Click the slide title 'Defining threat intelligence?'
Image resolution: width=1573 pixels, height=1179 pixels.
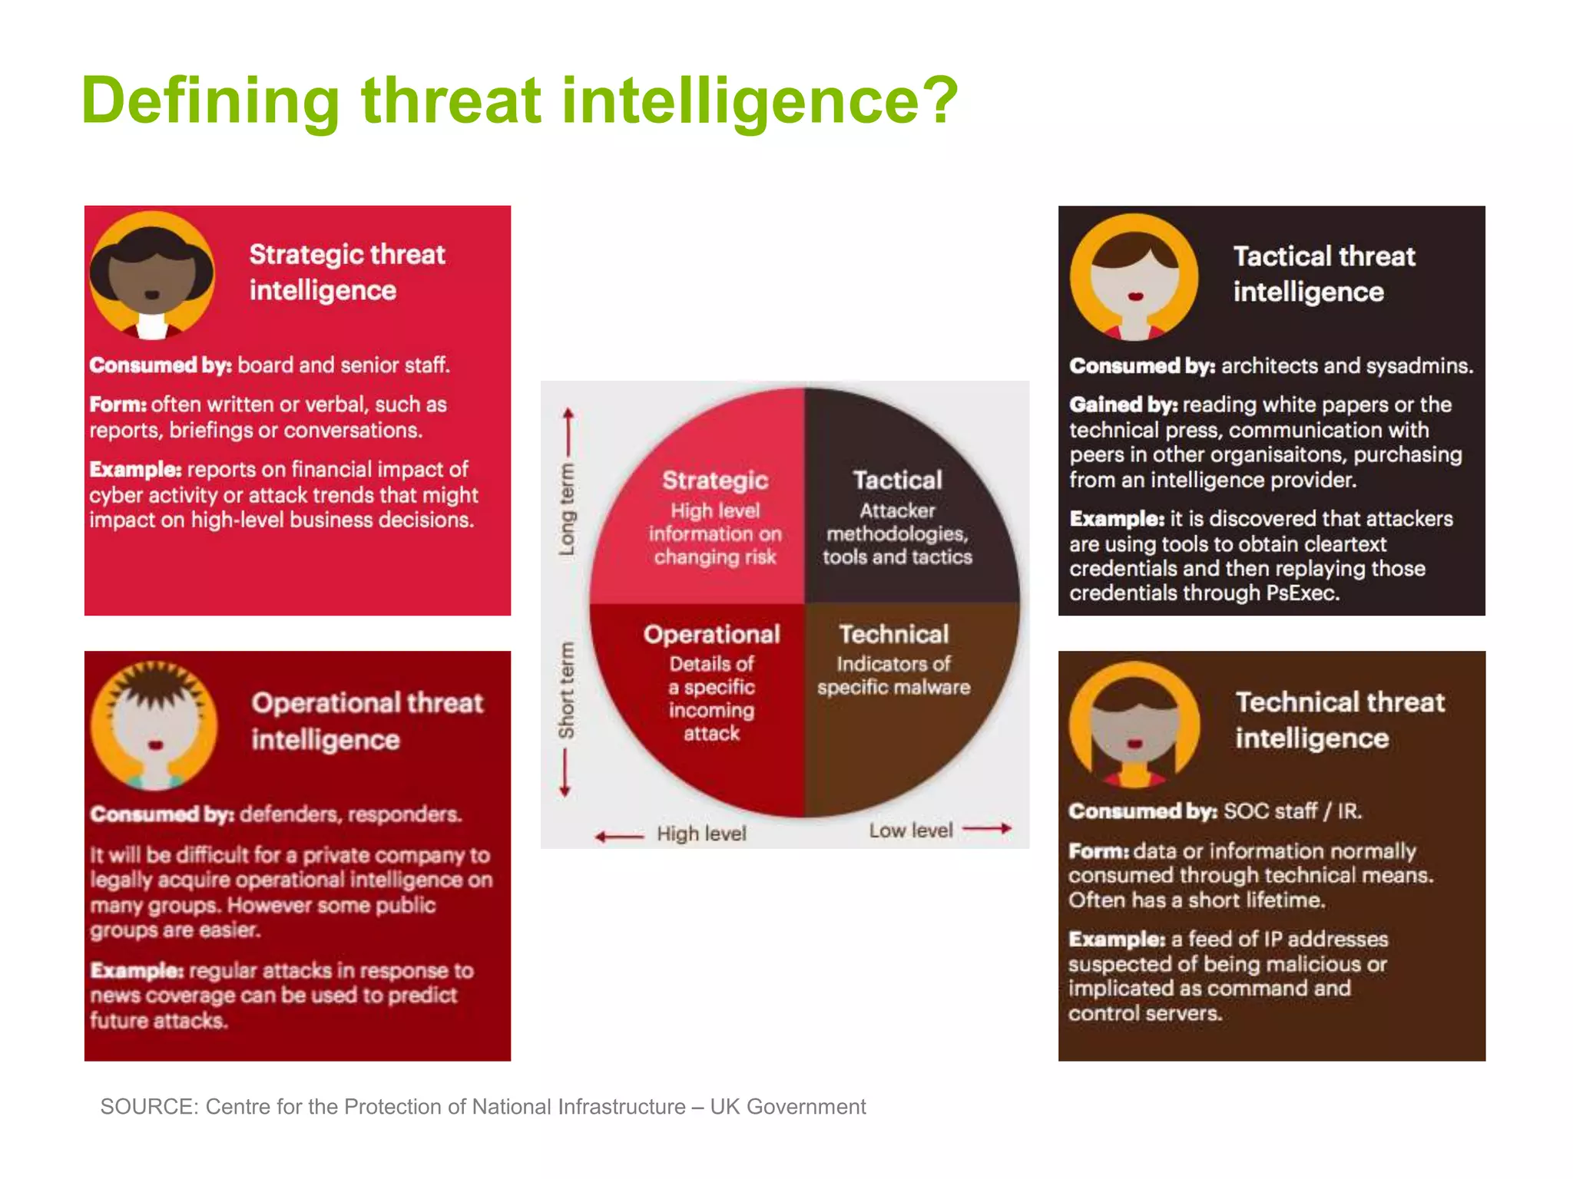pyautogui.click(x=519, y=101)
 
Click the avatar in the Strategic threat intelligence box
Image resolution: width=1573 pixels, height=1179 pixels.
pyautogui.click(x=152, y=275)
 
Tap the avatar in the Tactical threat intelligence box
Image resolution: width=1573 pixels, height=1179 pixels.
pyautogui.click(x=1134, y=277)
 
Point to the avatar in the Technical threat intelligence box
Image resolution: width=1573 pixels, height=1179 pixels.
pyautogui.click(x=1134, y=725)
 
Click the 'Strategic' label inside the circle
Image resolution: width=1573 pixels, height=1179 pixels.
pyautogui.click(x=715, y=481)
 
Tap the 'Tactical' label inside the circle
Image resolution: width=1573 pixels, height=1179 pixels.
pyautogui.click(x=897, y=481)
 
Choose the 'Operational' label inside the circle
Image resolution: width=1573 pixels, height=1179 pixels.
pyautogui.click(x=712, y=634)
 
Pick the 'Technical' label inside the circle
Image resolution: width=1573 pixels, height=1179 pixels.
pyautogui.click(x=894, y=634)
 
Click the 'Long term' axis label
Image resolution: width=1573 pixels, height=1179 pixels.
pyautogui.click(x=567, y=509)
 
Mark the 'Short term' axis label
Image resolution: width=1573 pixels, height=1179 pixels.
pyautogui.click(x=567, y=690)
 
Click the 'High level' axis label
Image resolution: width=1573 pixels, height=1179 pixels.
pyautogui.click(x=701, y=834)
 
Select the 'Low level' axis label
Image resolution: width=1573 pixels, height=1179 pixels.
pyautogui.click(x=911, y=831)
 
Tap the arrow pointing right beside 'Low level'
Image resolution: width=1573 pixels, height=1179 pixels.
pyautogui.click(x=987, y=829)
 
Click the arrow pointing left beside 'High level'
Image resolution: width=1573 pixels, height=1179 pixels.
pyautogui.click(x=619, y=837)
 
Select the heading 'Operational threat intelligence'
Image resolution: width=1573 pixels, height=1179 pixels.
pyautogui.click(x=367, y=721)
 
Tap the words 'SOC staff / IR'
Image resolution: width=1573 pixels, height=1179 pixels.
pyautogui.click(x=1292, y=811)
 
